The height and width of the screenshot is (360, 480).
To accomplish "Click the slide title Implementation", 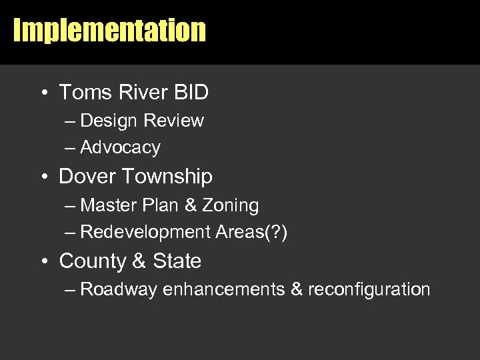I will pyautogui.click(x=109, y=31).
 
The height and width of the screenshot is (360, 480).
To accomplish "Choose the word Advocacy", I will pyautogui.click(x=120, y=147).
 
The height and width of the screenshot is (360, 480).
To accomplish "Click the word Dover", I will pyautogui.click(x=84, y=177).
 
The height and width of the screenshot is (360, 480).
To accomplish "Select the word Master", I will pyautogui.click(x=108, y=205).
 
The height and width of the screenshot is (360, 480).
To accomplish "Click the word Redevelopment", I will pyautogui.click(x=145, y=232).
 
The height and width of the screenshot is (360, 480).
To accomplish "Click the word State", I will pyautogui.click(x=177, y=261).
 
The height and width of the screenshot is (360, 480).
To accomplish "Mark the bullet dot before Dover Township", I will pyautogui.click(x=43, y=177).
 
